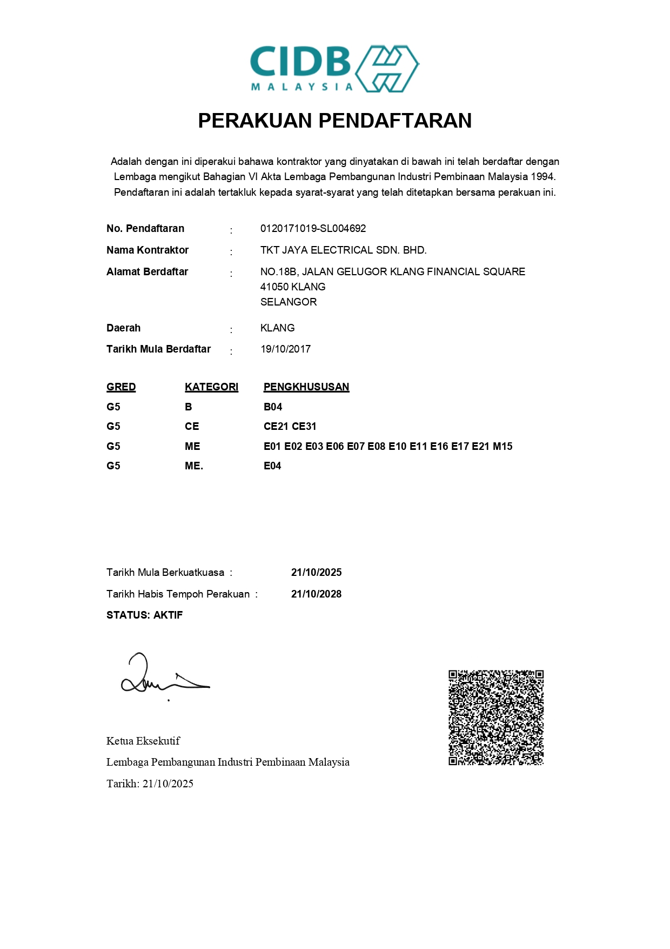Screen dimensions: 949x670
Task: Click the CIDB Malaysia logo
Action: tap(334, 69)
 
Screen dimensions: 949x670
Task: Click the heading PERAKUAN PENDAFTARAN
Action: tap(334, 121)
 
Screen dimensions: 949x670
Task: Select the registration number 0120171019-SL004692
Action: tap(313, 228)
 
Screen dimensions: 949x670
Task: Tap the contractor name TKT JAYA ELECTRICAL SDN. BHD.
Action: tap(343, 250)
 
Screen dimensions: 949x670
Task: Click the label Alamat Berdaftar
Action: tap(147, 271)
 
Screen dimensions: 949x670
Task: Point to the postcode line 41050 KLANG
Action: tap(293, 287)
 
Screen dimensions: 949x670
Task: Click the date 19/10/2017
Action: tap(285, 349)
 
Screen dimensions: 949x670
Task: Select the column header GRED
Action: tap(121, 387)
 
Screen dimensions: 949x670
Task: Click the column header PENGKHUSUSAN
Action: tap(306, 387)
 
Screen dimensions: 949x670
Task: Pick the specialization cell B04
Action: tap(273, 407)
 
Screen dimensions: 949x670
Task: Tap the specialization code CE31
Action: tap(304, 426)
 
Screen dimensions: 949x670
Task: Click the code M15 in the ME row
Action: tap(502, 446)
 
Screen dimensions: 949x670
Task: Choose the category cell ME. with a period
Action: tap(194, 466)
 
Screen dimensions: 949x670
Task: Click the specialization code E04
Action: tap(272, 466)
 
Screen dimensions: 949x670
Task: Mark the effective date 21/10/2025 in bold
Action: tap(316, 572)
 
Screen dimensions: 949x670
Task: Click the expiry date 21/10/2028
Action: tap(316, 594)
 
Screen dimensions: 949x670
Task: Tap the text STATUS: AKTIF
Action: tap(144, 615)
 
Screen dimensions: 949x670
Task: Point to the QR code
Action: tap(495, 718)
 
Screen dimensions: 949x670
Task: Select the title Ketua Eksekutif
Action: tap(143, 741)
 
